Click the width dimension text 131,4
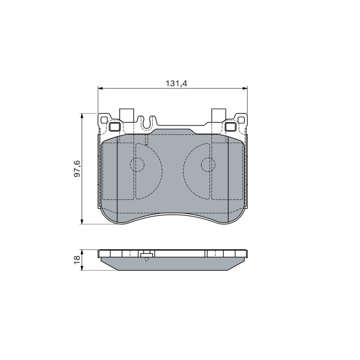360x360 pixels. coord(176,83)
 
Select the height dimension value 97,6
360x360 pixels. coord(77,168)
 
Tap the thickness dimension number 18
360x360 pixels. coord(77,260)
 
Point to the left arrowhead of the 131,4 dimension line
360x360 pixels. coord(100,88)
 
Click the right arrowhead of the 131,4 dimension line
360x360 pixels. coord(245,88)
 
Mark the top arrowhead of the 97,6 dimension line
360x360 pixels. coord(81,116)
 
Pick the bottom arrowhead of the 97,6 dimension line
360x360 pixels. coord(81,221)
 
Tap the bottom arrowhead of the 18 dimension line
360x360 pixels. coord(81,268)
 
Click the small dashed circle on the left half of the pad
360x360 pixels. coord(137,165)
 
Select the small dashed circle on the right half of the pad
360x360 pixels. coord(208,165)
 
